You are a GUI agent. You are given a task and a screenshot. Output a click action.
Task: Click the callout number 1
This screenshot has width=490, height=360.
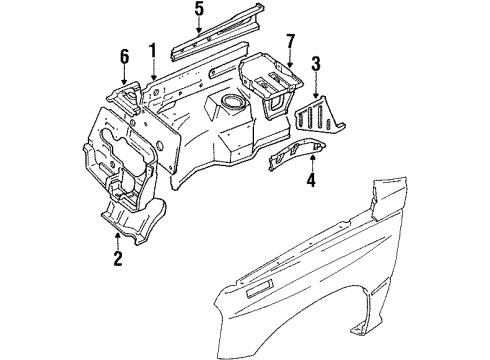pos(154,49)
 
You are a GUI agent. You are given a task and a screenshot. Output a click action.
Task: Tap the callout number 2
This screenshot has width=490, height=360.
pos(117,262)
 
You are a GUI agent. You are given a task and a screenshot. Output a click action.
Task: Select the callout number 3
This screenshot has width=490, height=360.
pos(317,65)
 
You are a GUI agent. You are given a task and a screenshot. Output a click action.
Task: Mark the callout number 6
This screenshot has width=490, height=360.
pos(125,57)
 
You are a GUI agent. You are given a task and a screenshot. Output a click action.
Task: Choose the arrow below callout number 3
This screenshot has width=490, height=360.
pos(317,86)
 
